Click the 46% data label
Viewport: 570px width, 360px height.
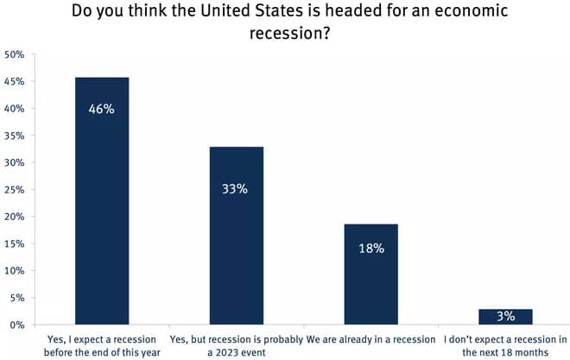[x=102, y=110]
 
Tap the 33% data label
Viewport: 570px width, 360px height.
[x=237, y=188]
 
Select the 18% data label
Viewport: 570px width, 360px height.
[x=371, y=249]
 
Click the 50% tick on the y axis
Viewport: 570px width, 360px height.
[x=15, y=54]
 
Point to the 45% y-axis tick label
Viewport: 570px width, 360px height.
[x=15, y=82]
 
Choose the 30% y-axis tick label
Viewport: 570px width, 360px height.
[x=15, y=162]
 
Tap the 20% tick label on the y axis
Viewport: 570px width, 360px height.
[x=15, y=217]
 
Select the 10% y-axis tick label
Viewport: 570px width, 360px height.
[x=15, y=271]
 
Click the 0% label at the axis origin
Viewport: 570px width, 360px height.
[x=17, y=325]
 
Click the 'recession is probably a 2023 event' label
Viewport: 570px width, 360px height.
[x=237, y=345]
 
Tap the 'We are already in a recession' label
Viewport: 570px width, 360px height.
[x=371, y=338]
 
